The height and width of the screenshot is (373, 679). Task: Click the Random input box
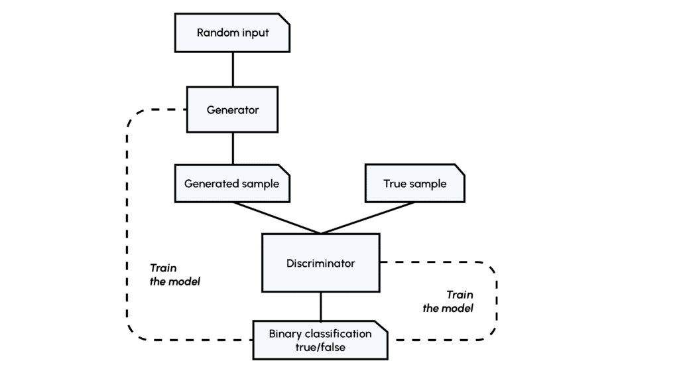tap(233, 33)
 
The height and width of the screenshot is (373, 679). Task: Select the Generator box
tap(232, 110)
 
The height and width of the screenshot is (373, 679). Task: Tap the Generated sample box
tap(232, 183)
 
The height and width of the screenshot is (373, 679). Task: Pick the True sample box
tap(415, 183)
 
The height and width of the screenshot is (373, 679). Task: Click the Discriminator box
tap(321, 263)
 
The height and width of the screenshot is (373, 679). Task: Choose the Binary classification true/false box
tap(320, 340)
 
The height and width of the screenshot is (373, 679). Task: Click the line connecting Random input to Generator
tap(233, 69)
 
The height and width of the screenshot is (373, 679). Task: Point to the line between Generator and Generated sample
tap(233, 148)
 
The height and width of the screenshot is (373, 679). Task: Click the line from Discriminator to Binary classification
tap(321, 306)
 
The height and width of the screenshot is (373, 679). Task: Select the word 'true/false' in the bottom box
tap(320, 347)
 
